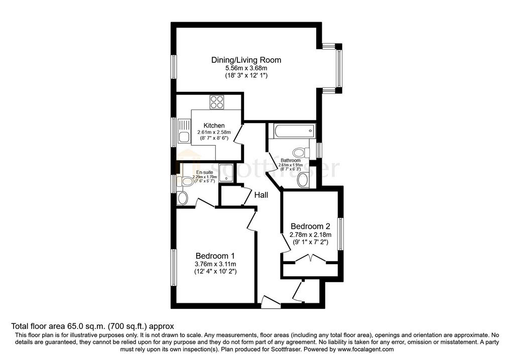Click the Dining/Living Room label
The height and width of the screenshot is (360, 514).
tap(246, 60)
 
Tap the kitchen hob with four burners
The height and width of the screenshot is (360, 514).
tap(217, 102)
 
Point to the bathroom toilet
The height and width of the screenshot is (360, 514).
tap(302, 153)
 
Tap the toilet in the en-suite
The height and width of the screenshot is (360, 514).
tap(185, 181)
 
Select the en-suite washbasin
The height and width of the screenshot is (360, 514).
tap(182, 198)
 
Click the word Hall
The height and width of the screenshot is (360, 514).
tap(261, 195)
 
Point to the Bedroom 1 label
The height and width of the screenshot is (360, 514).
tap(215, 256)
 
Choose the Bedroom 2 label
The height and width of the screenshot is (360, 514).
tap(310, 226)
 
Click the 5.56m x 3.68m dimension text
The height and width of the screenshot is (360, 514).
tap(246, 68)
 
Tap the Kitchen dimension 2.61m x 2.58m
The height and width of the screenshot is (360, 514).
tap(214, 132)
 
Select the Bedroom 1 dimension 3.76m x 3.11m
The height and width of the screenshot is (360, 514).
tap(215, 264)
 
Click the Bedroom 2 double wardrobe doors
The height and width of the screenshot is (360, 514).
tap(310, 259)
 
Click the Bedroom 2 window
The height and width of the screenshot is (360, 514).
tap(341, 234)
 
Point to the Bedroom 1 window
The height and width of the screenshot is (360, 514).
tap(173, 267)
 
